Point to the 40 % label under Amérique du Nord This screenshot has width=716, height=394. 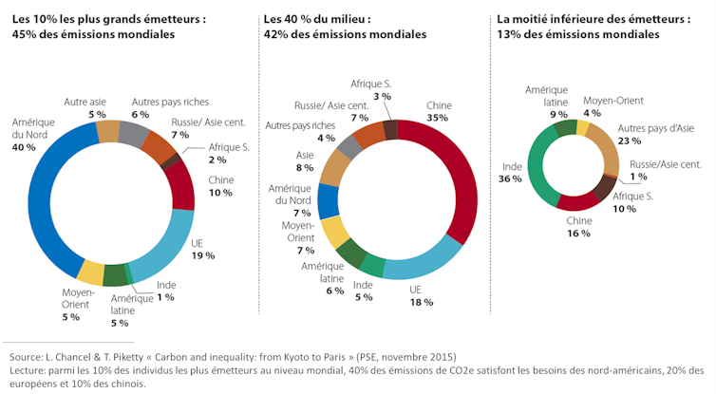[25, 148]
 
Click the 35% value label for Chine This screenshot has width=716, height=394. [438, 118]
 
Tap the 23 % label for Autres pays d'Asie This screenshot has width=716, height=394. [631, 140]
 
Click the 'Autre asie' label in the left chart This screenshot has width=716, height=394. [84, 102]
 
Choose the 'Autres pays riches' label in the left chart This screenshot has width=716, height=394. [169, 102]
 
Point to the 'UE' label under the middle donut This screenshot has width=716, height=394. [416, 289]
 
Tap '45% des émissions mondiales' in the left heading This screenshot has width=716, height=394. [92, 34]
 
